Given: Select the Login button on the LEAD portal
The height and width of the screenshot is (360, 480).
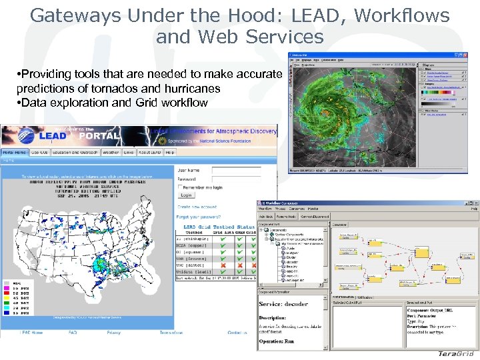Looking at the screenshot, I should pos(186,195).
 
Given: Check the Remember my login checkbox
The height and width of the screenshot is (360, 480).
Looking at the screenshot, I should pos(179,187).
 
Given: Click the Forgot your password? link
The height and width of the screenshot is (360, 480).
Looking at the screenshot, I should pos(200,217).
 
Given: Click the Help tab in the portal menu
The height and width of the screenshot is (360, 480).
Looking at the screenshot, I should pos(170,153).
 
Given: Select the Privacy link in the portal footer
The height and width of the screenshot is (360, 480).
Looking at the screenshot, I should pos(114,332).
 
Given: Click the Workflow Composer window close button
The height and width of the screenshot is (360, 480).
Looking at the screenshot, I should pos(475,202).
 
